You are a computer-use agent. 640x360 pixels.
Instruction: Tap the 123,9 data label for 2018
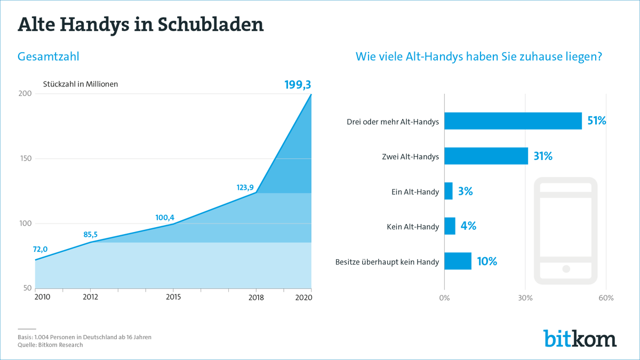click(x=247, y=187)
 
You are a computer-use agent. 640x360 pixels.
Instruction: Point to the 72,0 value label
click(x=41, y=249)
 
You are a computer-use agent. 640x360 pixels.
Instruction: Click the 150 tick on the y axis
click(x=25, y=159)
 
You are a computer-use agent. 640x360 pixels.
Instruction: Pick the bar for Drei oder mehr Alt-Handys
click(x=513, y=121)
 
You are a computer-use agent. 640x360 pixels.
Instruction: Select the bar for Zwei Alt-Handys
click(x=486, y=156)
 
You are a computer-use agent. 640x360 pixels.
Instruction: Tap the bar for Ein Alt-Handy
click(x=448, y=191)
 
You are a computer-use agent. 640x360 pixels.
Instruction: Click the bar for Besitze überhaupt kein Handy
click(x=458, y=261)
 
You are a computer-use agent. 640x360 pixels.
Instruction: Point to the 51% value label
click(x=597, y=121)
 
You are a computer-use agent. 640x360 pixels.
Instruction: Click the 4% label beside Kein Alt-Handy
click(x=468, y=226)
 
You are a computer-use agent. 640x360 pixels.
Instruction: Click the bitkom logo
click(x=580, y=338)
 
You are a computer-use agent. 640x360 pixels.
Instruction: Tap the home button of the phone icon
click(x=566, y=269)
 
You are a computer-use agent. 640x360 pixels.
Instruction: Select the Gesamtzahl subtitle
click(x=49, y=57)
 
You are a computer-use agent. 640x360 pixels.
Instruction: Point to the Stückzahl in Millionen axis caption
click(x=81, y=84)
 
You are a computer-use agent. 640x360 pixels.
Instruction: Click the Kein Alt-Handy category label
click(x=413, y=227)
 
